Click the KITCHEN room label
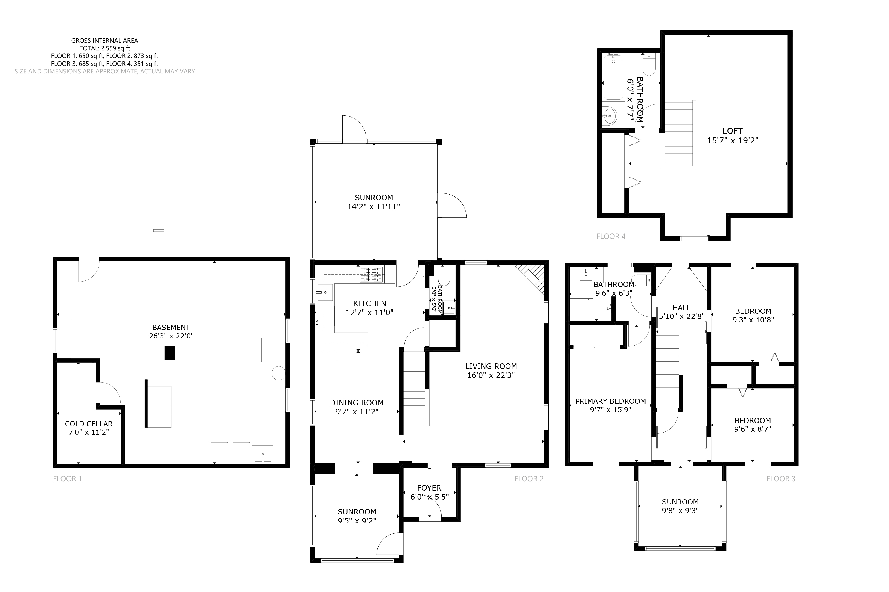tap(369, 304)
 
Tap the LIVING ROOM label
tap(491, 366)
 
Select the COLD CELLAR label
tap(89, 424)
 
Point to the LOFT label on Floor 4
tap(732, 131)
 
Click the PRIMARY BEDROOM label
tap(610, 401)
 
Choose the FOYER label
tap(429, 488)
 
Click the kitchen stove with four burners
tap(372, 275)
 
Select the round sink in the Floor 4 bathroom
tap(609, 116)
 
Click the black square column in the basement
tap(170, 353)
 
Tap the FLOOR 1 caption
tap(67, 479)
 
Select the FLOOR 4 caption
tap(611, 236)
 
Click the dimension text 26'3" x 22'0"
tap(171, 336)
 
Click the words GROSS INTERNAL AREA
tap(105, 40)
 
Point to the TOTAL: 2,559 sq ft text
tap(105, 48)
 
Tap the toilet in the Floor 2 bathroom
tap(444, 276)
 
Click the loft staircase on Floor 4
tap(679, 135)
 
